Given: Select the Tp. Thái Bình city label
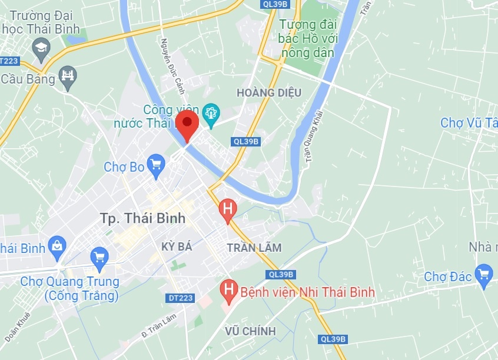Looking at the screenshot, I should click(x=142, y=218).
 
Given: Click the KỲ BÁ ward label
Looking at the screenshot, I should click(x=177, y=247).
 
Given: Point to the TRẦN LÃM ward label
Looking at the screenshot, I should click(x=254, y=248).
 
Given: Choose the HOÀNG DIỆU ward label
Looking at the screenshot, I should click(x=269, y=92).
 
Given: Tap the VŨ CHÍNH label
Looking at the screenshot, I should click(x=250, y=331).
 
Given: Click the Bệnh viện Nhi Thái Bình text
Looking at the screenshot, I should click(x=307, y=292).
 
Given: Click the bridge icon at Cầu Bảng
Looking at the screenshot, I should click(x=68, y=76).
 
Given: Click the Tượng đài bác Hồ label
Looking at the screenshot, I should click(x=307, y=39).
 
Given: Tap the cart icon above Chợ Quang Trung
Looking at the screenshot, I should click(x=99, y=258).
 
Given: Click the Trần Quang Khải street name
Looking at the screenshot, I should click(x=311, y=135).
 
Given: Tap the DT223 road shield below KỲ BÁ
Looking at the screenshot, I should click(x=181, y=298).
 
